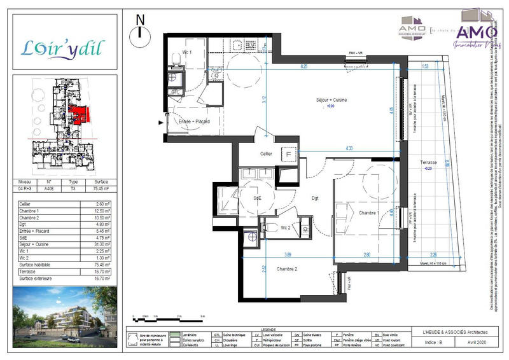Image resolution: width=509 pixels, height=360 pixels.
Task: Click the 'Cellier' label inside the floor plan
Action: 266,153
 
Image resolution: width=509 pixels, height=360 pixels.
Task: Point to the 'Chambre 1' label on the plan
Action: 368,212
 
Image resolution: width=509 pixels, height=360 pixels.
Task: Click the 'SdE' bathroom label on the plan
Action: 258,198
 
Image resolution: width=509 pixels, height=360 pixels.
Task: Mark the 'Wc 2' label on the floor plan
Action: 285,226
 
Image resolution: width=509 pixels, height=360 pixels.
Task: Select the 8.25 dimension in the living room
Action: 304,66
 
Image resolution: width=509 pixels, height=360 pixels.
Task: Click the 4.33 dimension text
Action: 349,148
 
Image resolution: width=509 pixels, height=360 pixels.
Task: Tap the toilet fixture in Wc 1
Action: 175,60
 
